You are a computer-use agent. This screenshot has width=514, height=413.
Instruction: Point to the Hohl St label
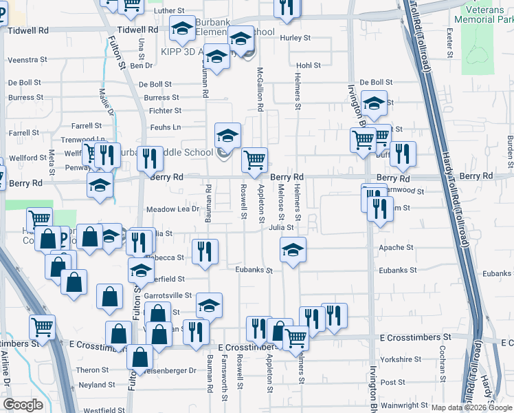(x=308, y=65)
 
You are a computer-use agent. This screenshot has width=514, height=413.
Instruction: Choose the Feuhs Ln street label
(x=166, y=127)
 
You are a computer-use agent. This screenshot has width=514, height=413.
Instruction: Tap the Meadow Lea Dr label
(x=172, y=209)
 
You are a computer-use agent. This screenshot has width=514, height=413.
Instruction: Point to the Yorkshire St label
(x=400, y=359)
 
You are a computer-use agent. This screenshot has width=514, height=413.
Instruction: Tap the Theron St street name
(x=93, y=370)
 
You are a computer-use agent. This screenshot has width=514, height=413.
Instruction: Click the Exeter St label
(x=449, y=42)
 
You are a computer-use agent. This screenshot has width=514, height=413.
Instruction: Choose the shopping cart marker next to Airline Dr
(x=42, y=327)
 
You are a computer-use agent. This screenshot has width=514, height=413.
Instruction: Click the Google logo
(x=23, y=405)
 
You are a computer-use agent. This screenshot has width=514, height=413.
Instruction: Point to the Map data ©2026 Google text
(x=471, y=408)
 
